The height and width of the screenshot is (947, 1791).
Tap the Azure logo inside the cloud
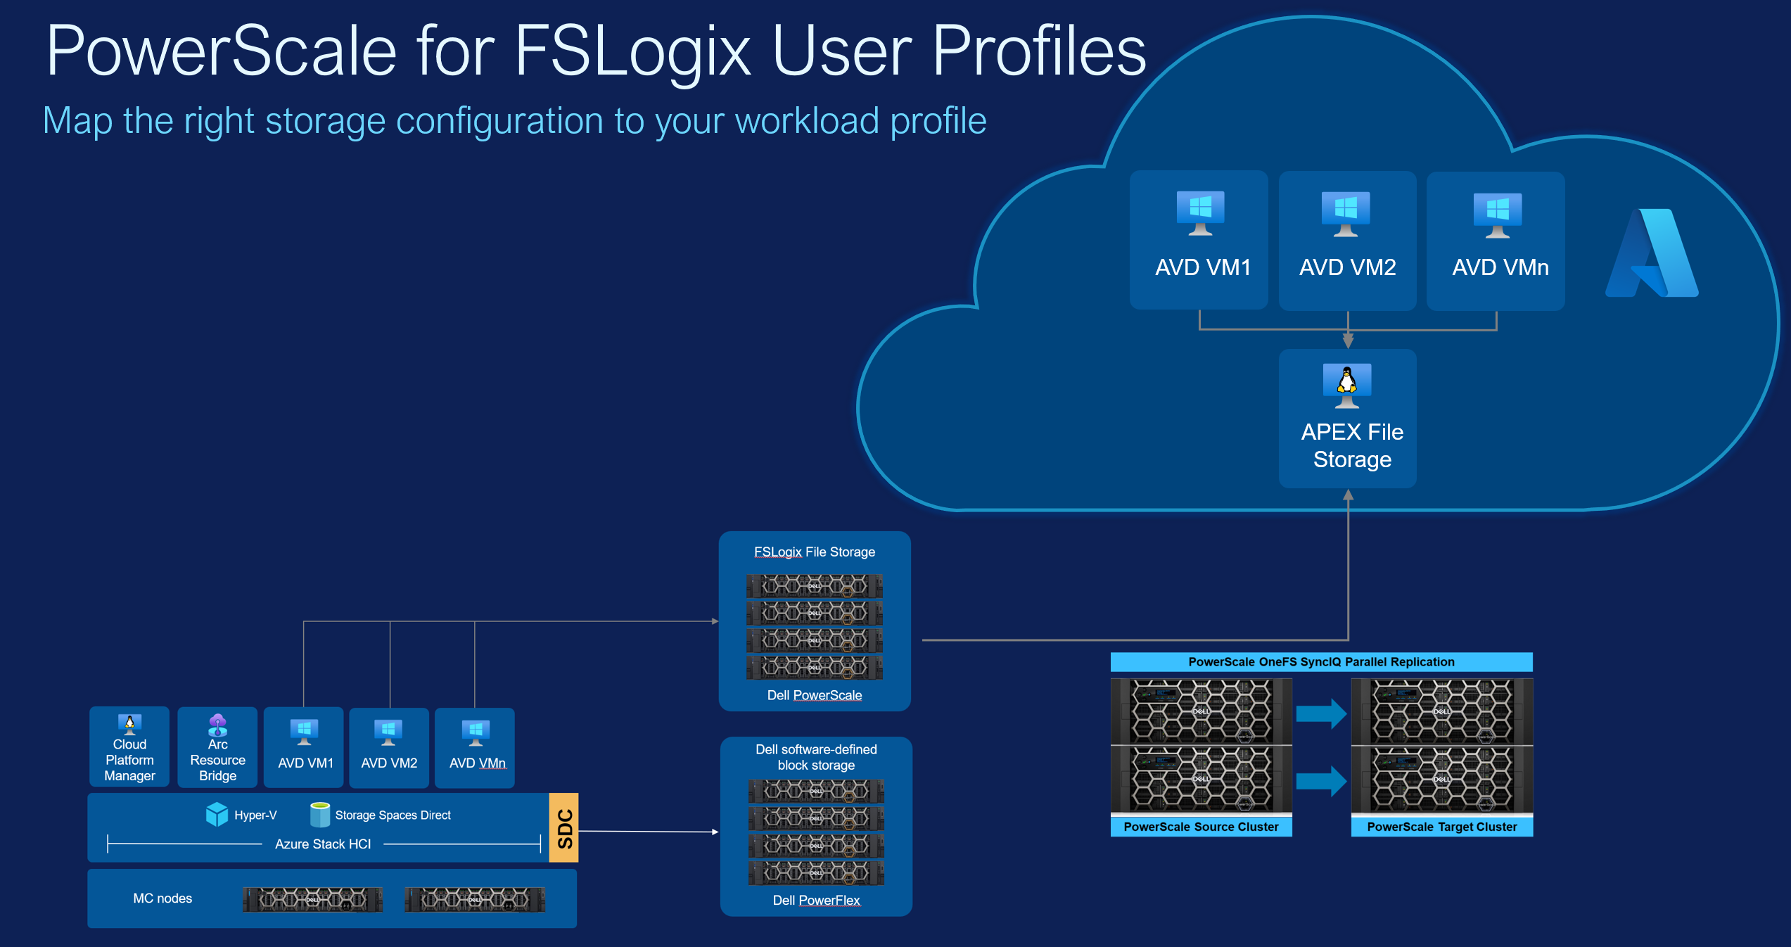pyautogui.click(x=1652, y=254)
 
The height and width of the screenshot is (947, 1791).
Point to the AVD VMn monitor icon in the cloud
pyautogui.click(x=1497, y=214)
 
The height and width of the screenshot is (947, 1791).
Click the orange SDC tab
pyautogui.click(x=564, y=828)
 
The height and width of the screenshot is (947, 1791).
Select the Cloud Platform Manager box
pyautogui.click(x=129, y=747)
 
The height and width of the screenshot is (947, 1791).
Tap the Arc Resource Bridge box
pyautogui.click(x=217, y=747)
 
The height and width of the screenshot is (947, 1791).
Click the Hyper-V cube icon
pyautogui.click(x=217, y=814)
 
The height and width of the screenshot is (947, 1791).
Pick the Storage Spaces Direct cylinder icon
pyautogui.click(x=320, y=814)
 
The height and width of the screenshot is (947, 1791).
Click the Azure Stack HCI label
pyautogui.click(x=322, y=844)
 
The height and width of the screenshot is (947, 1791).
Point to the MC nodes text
pyautogui.click(x=162, y=898)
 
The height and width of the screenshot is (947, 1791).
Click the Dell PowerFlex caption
pyautogui.click(x=816, y=901)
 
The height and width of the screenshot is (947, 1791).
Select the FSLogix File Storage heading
pyautogui.click(x=815, y=552)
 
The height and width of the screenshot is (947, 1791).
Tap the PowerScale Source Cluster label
pyautogui.click(x=1201, y=827)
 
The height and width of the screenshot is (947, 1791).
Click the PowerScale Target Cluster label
pyautogui.click(x=1441, y=827)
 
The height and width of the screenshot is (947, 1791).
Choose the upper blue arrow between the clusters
pyautogui.click(x=1320, y=714)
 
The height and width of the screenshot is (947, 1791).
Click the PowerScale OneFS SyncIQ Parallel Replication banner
pyautogui.click(x=1321, y=661)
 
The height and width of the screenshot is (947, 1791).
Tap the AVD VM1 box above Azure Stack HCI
pyautogui.click(x=304, y=747)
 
